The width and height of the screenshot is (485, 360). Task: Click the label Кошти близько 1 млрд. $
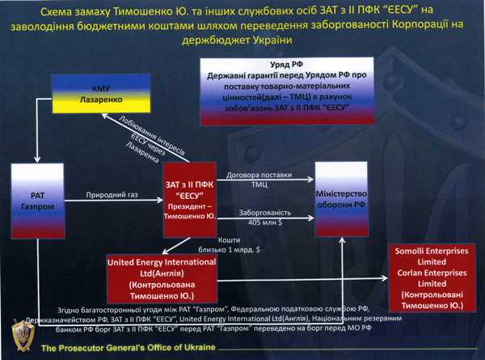tap(242, 246)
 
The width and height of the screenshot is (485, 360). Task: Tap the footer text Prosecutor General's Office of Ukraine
tap(129, 346)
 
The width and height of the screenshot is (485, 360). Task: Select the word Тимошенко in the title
tap(177, 11)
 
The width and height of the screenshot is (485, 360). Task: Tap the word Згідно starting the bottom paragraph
tap(73, 310)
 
